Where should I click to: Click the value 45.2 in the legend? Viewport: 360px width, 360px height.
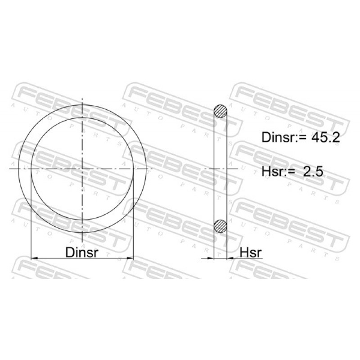tap(325, 138)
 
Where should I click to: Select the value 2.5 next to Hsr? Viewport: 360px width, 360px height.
tap(313, 171)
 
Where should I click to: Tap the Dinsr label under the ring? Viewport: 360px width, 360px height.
tap(82, 252)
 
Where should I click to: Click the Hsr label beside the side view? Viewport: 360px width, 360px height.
tap(251, 252)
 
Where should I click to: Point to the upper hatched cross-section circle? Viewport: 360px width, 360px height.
tap(220, 111)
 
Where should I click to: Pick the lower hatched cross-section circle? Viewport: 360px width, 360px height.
tap(220, 226)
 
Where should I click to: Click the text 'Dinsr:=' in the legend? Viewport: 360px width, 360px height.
tap(285, 138)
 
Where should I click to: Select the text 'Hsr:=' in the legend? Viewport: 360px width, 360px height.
tap(279, 171)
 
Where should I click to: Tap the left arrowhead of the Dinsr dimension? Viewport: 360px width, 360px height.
tap(34, 258)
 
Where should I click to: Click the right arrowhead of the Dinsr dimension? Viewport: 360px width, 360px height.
tap(130, 258)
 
